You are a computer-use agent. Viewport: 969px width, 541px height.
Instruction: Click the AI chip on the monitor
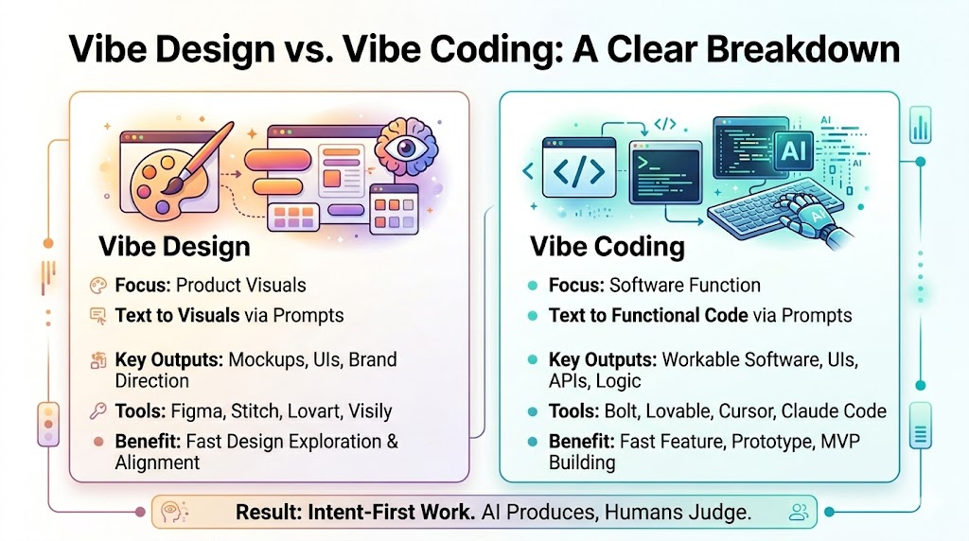793,147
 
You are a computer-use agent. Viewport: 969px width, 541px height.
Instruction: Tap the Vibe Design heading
174,247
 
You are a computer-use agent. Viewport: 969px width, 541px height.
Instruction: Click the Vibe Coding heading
607,247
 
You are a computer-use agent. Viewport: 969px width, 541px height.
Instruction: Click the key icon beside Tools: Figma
97,411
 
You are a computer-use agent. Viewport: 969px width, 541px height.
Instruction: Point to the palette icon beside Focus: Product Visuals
97,285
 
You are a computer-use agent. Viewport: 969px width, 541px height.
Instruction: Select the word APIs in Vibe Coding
569,381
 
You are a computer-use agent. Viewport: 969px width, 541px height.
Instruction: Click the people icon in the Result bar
799,512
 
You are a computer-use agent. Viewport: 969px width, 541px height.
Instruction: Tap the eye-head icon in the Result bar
171,512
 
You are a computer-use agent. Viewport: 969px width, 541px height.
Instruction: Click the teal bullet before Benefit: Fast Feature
534,442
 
